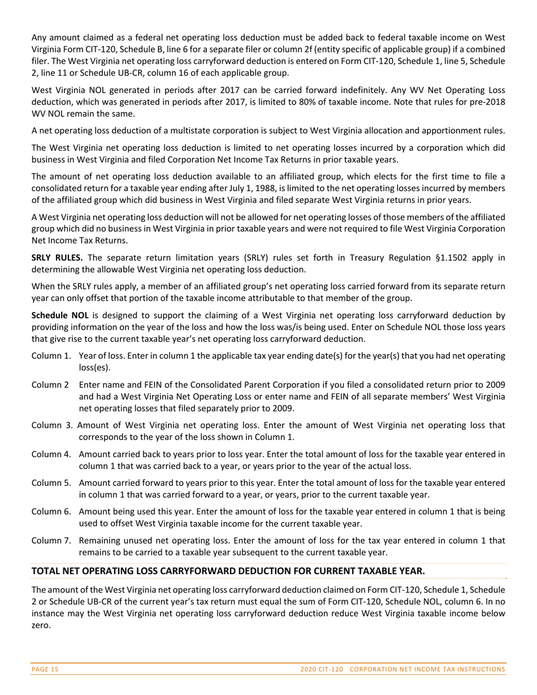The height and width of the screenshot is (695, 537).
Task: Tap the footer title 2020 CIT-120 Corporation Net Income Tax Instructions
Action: tap(403, 670)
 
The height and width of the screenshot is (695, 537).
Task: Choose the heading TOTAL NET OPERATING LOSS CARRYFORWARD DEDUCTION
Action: tap(228, 571)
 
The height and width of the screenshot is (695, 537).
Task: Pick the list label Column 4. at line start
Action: tap(51, 454)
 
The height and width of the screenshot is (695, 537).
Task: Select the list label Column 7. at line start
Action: tap(51, 540)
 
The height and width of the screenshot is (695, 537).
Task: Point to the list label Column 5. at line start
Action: tap(51, 483)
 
